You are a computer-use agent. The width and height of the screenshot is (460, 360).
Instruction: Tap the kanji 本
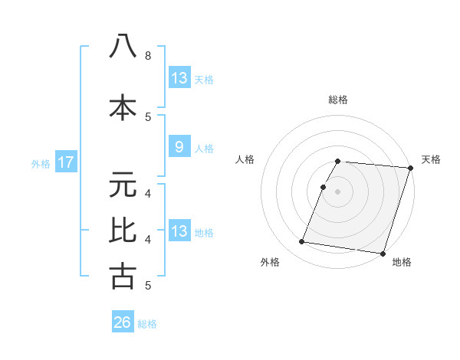click(x=123, y=107)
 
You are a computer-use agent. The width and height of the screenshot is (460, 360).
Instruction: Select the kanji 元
click(x=123, y=185)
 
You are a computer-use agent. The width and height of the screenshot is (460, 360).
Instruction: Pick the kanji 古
click(x=123, y=275)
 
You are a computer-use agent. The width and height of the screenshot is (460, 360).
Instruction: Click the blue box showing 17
click(x=65, y=162)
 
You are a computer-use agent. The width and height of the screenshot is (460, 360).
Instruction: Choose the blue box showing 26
click(x=123, y=322)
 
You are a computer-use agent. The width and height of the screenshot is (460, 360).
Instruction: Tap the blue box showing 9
click(x=179, y=147)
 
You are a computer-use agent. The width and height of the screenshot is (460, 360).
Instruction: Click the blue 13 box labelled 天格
click(x=179, y=78)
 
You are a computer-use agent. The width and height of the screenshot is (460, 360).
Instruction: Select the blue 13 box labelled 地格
click(x=179, y=231)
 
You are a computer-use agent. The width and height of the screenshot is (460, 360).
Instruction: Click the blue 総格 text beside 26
click(x=147, y=324)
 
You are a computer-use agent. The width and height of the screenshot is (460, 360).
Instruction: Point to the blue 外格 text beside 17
click(x=41, y=163)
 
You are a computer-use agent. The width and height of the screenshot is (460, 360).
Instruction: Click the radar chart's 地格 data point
click(x=382, y=253)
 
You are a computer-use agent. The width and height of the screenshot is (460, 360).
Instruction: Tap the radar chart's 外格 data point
click(x=302, y=242)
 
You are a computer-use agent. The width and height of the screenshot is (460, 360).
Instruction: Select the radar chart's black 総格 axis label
click(x=337, y=100)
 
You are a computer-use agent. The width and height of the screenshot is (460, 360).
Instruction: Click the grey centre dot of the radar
click(x=337, y=191)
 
